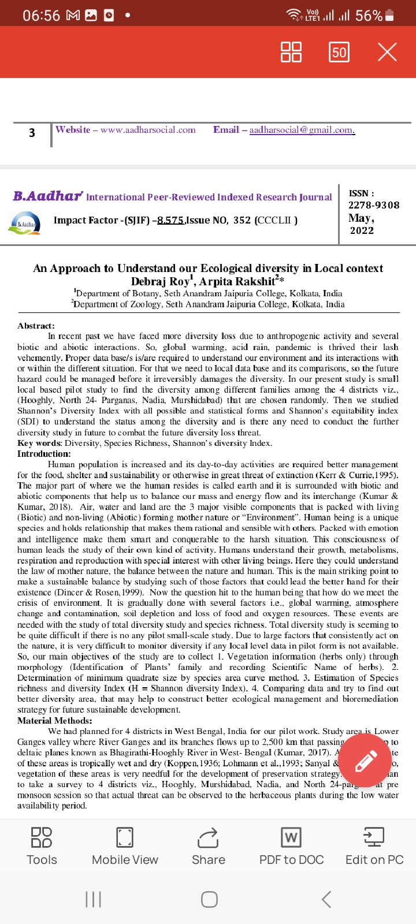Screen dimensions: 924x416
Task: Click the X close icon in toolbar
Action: tap(387, 52)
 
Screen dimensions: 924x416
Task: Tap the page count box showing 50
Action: tap(339, 53)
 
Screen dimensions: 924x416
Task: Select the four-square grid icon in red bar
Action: tap(291, 52)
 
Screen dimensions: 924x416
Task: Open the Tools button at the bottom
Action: tap(42, 845)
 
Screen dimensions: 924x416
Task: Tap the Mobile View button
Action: tap(125, 845)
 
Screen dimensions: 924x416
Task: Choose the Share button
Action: tap(208, 845)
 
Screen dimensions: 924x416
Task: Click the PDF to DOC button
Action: tap(291, 845)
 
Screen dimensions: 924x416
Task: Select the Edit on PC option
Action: tap(374, 845)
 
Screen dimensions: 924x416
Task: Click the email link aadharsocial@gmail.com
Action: tap(302, 130)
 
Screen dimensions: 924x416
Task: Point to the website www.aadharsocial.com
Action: tap(148, 130)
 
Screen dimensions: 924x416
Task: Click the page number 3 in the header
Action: tap(32, 133)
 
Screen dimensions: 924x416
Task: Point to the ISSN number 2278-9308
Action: tap(373, 205)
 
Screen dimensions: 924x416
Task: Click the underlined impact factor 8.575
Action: tap(170, 220)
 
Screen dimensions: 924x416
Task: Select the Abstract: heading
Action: tap(36, 326)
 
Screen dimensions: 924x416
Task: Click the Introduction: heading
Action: tap(44, 454)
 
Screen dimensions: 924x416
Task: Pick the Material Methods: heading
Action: tap(55, 721)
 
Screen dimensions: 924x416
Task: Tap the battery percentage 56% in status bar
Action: tap(369, 16)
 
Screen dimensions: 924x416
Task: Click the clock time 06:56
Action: tap(41, 16)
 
